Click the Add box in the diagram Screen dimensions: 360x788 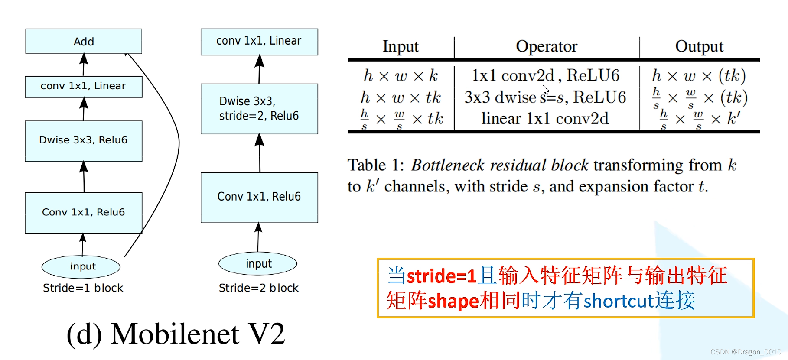84,42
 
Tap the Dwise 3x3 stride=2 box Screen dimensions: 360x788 259,109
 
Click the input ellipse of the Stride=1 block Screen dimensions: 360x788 81,266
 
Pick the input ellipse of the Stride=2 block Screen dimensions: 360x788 258,263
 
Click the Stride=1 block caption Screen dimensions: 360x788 83,288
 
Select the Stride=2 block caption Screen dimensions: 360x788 259,288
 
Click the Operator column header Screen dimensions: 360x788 547,46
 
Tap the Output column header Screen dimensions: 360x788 699,46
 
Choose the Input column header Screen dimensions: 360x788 401,46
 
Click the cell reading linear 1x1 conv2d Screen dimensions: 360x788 545,118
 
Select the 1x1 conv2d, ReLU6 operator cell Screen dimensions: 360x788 545,75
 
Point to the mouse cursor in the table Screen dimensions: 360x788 545,90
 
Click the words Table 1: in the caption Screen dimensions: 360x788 375,165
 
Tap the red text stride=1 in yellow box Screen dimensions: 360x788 441,276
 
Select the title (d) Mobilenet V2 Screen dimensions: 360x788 176,334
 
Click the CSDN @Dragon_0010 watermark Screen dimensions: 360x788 746,352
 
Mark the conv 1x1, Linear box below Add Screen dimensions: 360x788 84,87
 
